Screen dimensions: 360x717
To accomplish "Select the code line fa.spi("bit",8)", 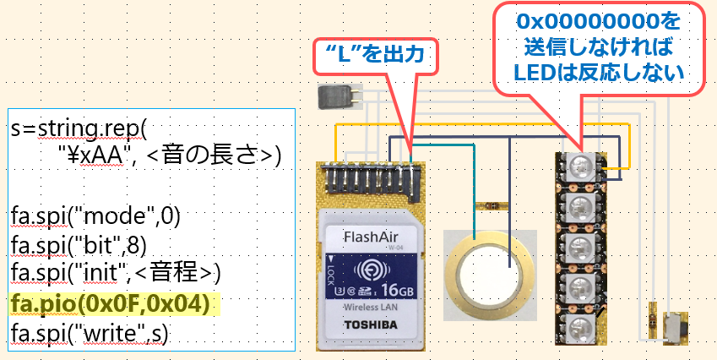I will (80, 245).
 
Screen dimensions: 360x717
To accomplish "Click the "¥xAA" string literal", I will (93, 157).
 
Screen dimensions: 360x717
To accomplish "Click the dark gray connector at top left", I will (336, 97).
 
